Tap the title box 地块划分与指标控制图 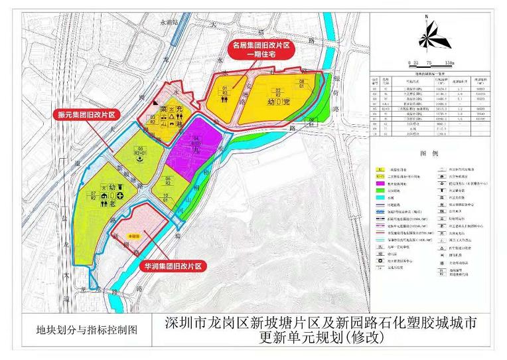(x=87, y=330)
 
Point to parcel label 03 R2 (x=152, y=120)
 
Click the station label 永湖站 (x=170, y=23)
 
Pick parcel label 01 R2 (x=224, y=90)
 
